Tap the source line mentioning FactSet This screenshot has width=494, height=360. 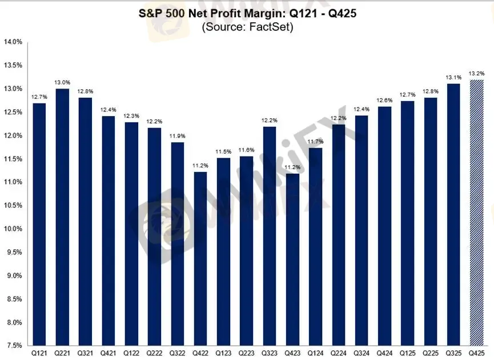click(x=247, y=27)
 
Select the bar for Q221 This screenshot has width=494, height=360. click(x=63, y=217)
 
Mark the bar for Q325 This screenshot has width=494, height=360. click(x=453, y=215)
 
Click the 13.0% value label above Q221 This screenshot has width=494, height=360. click(x=63, y=82)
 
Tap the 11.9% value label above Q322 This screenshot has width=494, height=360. click(x=178, y=135)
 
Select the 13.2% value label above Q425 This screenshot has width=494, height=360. click(x=476, y=73)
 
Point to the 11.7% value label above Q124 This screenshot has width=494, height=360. click(x=315, y=141)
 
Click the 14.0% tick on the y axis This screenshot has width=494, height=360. click(x=13, y=42)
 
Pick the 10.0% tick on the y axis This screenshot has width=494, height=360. click(x=13, y=229)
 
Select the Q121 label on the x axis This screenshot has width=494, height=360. click(x=39, y=353)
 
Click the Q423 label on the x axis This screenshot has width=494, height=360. click(x=292, y=353)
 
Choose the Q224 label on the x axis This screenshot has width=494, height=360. click(x=338, y=353)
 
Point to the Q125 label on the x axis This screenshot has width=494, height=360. click(x=407, y=353)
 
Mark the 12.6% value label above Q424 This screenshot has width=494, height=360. click(x=384, y=100)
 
